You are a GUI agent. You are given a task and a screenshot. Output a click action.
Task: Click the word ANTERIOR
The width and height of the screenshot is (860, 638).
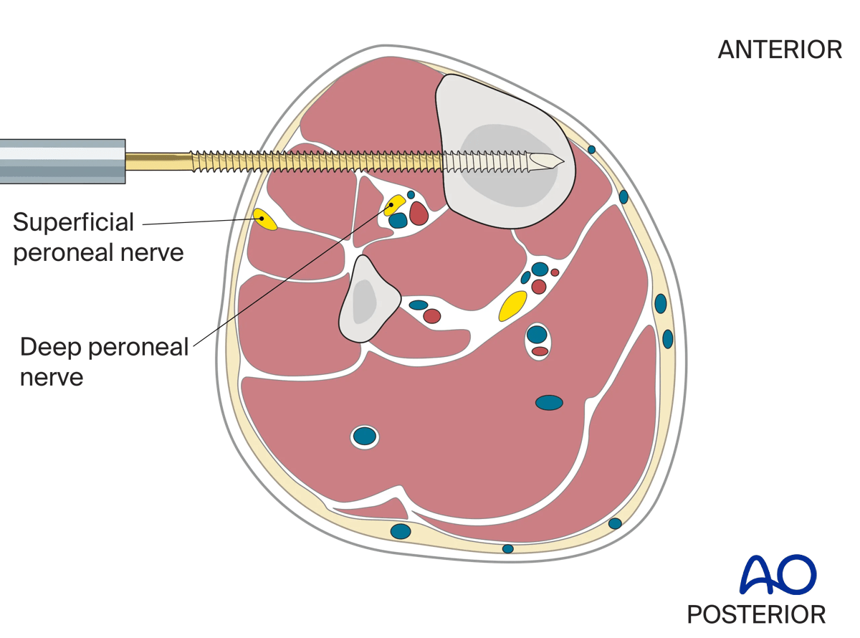tap(780, 49)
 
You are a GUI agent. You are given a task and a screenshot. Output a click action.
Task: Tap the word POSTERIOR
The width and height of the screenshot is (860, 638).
tap(756, 614)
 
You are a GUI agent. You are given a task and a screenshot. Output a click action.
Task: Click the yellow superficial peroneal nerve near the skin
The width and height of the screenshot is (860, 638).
tap(266, 219)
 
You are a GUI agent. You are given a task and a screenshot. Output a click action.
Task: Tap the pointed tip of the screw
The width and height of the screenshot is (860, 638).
tap(563, 161)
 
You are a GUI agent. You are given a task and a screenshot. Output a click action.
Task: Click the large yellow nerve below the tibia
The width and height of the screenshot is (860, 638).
tap(513, 306)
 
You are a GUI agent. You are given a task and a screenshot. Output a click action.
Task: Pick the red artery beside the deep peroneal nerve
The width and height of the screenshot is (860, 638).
tap(419, 212)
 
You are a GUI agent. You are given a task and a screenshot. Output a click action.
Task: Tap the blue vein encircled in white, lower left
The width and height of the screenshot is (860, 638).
tap(365, 436)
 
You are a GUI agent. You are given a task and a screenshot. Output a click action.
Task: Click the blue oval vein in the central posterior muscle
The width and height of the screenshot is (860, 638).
tap(549, 403)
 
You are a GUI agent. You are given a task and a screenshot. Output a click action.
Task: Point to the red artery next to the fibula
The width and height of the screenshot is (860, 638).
tap(432, 315)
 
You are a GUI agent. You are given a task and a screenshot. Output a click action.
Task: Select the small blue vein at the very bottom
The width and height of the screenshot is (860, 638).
tap(507, 548)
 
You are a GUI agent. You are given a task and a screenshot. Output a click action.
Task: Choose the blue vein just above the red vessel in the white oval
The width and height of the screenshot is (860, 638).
tap(537, 334)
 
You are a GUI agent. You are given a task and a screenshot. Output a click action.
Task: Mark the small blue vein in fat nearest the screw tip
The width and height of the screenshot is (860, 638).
tap(591, 149)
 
